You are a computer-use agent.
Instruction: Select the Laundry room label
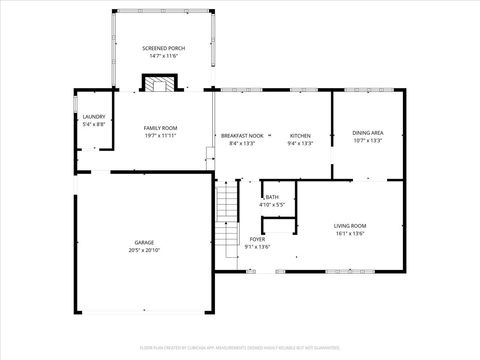[x=93, y=116]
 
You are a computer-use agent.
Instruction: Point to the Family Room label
[x=160, y=128]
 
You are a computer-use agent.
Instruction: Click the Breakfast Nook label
[x=242, y=135]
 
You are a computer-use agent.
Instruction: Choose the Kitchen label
[x=300, y=135]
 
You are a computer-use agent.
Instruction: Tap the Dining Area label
[x=368, y=133]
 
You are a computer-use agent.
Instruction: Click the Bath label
[x=272, y=197]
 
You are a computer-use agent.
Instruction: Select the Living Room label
[x=349, y=226]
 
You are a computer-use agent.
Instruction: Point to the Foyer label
[x=257, y=239]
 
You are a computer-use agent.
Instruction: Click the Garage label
[x=145, y=243]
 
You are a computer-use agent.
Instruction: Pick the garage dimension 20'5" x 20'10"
[x=145, y=251]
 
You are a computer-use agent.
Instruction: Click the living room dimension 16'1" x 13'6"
[x=349, y=234]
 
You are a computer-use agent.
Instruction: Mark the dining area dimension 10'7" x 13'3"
[x=368, y=141]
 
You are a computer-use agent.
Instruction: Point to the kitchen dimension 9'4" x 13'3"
[x=300, y=143]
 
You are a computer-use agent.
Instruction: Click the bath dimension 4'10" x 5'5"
[x=272, y=205]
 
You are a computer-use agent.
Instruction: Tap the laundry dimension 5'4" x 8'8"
[x=93, y=124]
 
